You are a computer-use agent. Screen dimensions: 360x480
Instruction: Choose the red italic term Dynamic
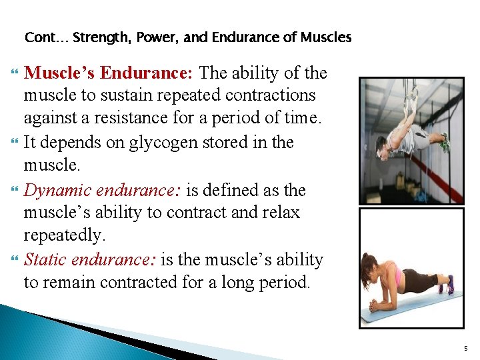tap(58, 190)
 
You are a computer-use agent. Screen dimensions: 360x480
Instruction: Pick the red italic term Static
tap(45, 259)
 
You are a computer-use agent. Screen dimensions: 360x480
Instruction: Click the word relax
tap(281, 213)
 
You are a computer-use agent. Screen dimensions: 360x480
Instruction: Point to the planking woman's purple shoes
tap(450, 285)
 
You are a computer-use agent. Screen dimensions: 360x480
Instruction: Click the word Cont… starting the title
tap(46, 37)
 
